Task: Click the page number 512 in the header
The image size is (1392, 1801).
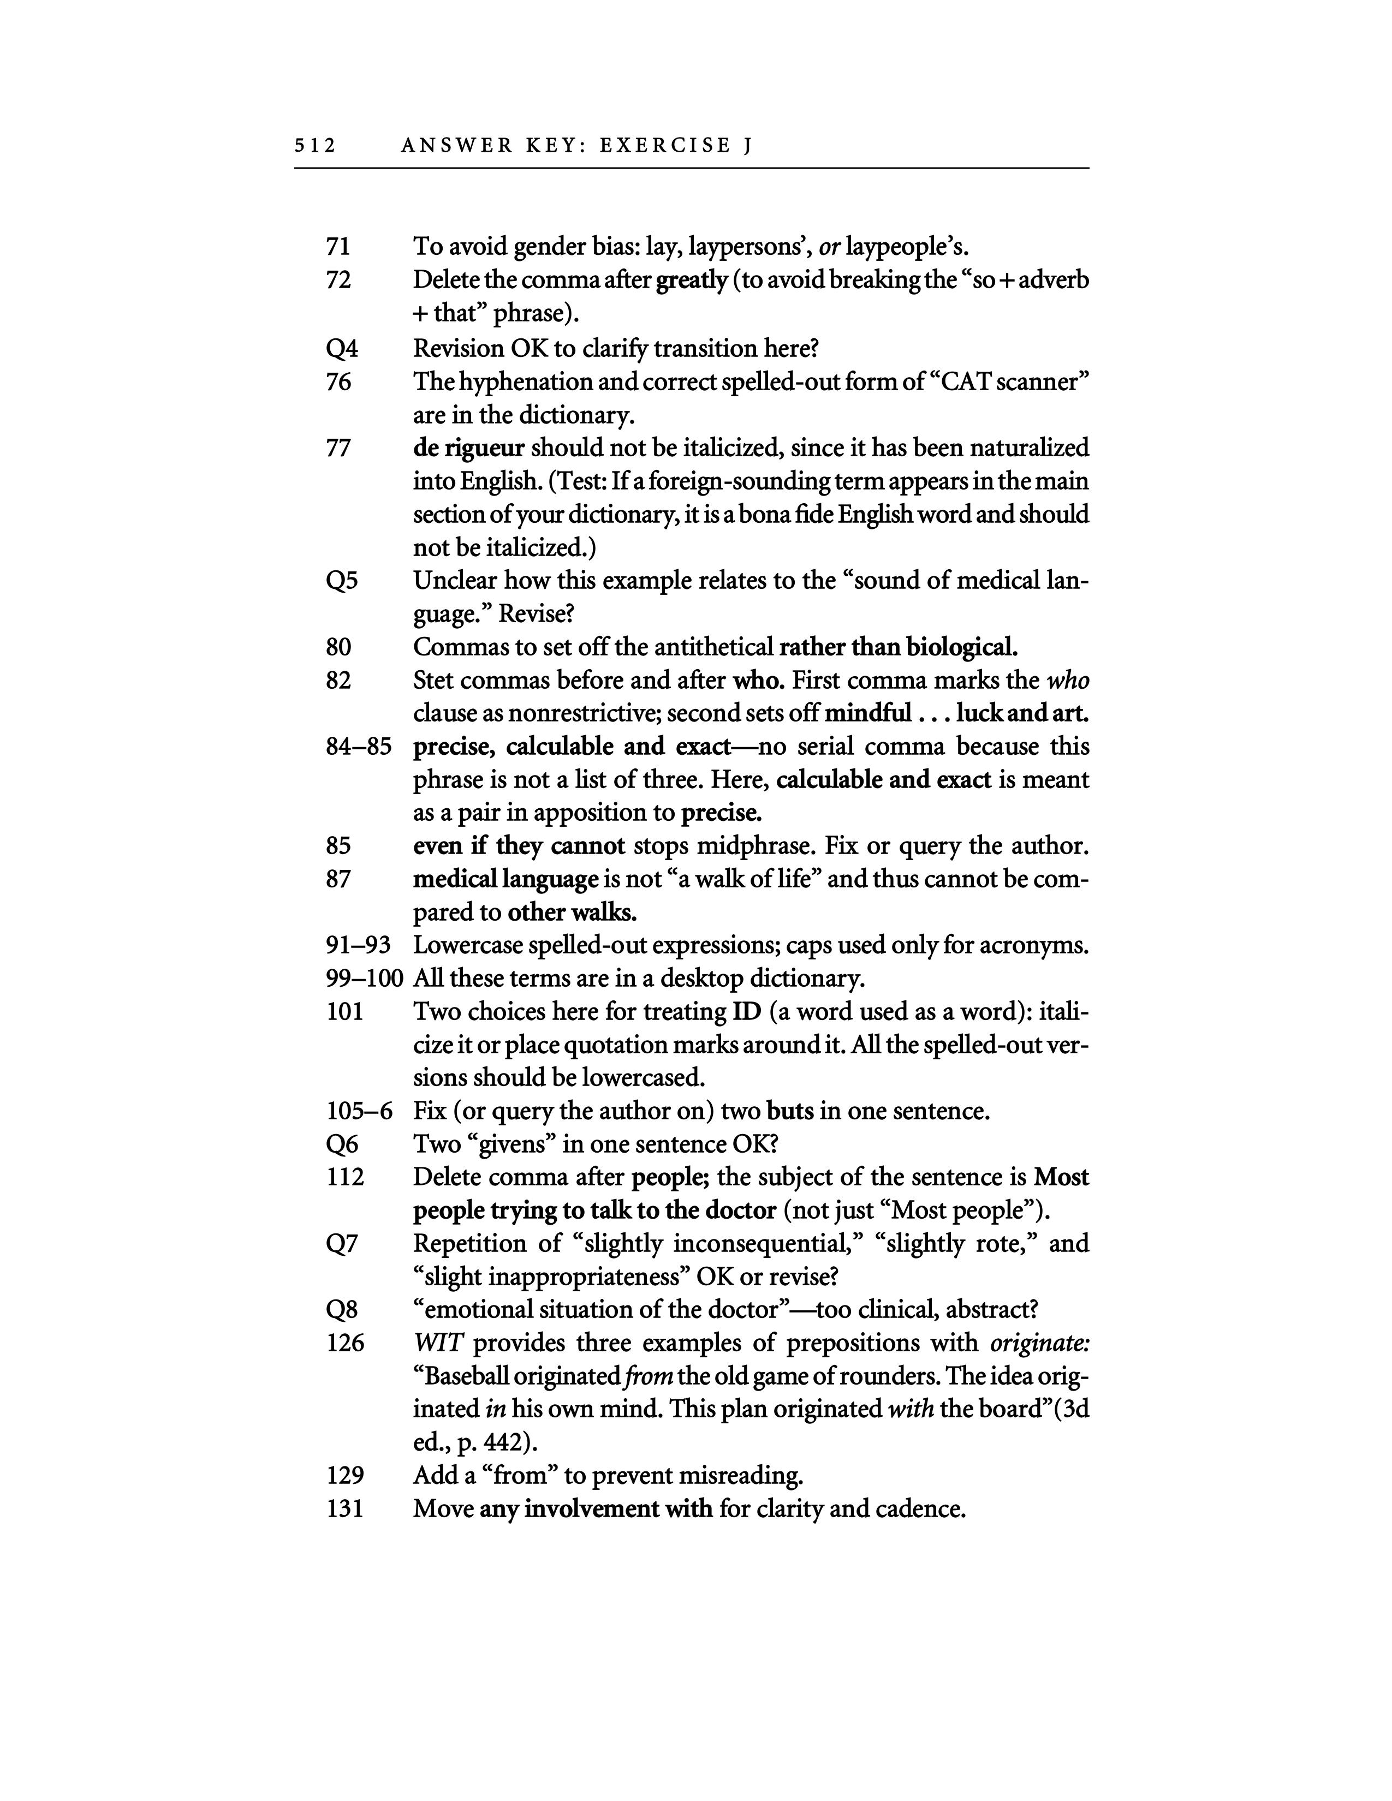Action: pyautogui.click(x=315, y=146)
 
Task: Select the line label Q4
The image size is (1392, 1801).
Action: pyautogui.click(x=342, y=349)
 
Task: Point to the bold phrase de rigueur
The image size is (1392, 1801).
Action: pyautogui.click(x=468, y=449)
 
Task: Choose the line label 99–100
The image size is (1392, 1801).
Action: pyautogui.click(x=364, y=979)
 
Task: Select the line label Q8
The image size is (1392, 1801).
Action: pyautogui.click(x=342, y=1310)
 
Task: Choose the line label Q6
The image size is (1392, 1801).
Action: pyautogui.click(x=342, y=1144)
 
